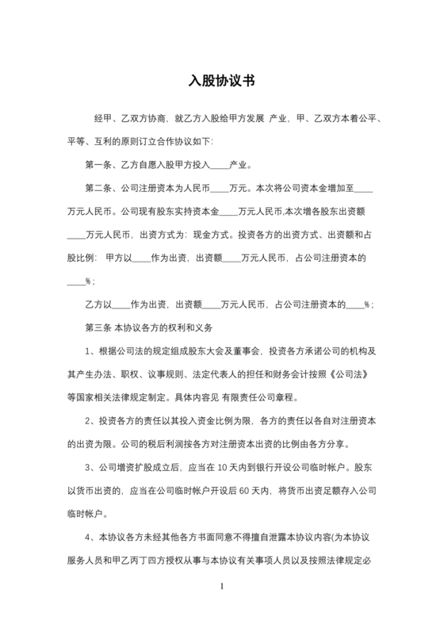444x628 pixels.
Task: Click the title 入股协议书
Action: (222, 80)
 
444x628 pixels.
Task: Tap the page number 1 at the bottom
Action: (222, 587)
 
